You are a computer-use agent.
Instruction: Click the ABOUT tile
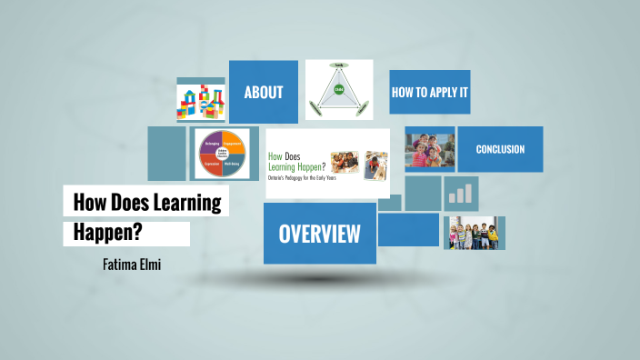(263, 92)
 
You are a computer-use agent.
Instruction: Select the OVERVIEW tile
(319, 234)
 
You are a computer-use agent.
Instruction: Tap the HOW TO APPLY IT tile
(429, 92)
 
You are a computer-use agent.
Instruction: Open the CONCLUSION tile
(500, 149)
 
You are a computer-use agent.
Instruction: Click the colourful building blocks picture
(201, 100)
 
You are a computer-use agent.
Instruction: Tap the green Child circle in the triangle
(339, 89)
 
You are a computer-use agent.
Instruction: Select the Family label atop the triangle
(340, 65)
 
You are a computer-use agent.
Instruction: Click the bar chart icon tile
(461, 194)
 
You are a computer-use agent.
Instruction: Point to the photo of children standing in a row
(474, 233)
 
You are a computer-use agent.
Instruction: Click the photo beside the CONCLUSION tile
(429, 149)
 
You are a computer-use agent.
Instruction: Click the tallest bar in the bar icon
(470, 191)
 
